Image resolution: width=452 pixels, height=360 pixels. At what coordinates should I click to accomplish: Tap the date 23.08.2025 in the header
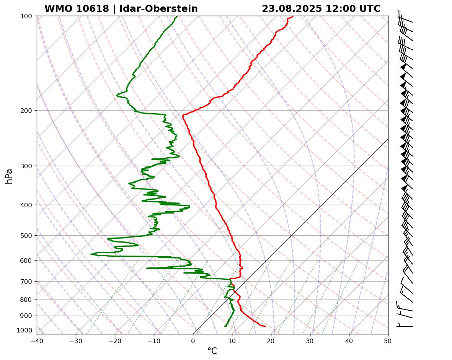[x=292, y=9]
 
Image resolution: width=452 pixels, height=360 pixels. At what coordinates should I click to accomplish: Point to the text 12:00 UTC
[x=353, y=9]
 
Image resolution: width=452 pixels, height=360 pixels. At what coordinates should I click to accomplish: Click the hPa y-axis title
[x=9, y=176]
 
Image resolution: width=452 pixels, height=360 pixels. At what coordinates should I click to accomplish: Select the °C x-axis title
[x=212, y=351]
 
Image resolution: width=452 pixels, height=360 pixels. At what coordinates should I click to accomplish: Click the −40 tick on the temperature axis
[x=37, y=340]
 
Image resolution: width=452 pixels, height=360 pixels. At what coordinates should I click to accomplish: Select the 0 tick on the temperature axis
[x=193, y=340]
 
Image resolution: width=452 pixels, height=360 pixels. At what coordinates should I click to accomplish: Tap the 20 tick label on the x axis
[x=271, y=340]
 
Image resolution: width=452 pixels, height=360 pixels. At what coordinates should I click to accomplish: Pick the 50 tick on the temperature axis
[x=388, y=340]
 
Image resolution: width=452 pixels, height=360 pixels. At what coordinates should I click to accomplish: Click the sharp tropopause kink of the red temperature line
[x=183, y=114]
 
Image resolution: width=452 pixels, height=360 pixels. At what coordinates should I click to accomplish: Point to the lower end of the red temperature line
[x=265, y=326]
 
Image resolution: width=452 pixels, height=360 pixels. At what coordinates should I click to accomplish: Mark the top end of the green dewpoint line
[x=177, y=16]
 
